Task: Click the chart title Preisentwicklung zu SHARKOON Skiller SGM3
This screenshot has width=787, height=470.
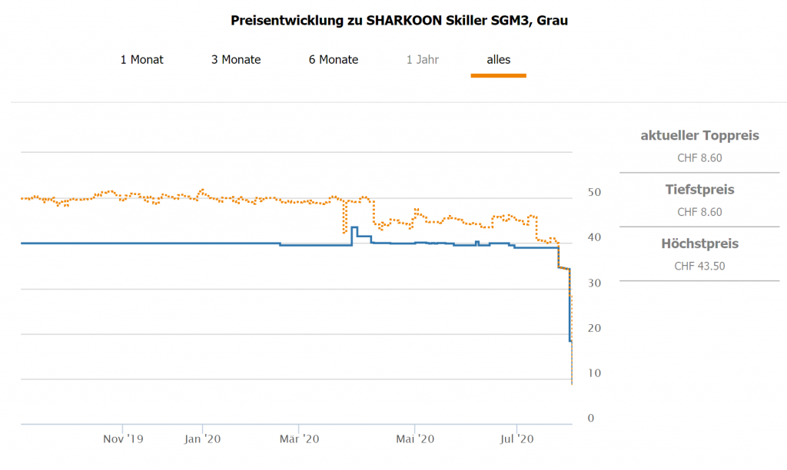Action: tap(399, 21)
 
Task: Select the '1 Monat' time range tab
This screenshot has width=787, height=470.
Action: tap(141, 59)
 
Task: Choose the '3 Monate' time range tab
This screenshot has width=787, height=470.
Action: tap(236, 59)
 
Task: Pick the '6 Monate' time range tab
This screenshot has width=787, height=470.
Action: tap(334, 59)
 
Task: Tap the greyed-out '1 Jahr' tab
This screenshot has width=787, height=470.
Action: tap(423, 59)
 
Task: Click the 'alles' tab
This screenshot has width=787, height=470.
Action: tap(498, 59)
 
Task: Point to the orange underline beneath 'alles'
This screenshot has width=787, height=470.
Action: tap(498, 75)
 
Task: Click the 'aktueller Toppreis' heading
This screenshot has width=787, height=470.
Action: tap(699, 136)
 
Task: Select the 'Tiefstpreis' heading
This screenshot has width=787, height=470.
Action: tap(699, 190)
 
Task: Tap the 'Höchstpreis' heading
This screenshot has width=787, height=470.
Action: tap(699, 244)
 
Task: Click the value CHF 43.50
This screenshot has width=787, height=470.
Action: tap(699, 266)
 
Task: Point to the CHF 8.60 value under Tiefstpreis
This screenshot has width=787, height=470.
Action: tap(699, 212)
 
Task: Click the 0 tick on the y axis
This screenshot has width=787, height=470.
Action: tap(590, 419)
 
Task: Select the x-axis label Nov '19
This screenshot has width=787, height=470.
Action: tap(123, 439)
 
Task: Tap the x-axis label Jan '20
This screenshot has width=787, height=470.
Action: tap(203, 439)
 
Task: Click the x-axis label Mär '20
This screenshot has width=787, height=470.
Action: tap(299, 439)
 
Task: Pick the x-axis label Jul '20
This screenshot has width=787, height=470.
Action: tap(516, 439)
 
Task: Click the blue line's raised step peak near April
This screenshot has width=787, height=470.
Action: tap(354, 227)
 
